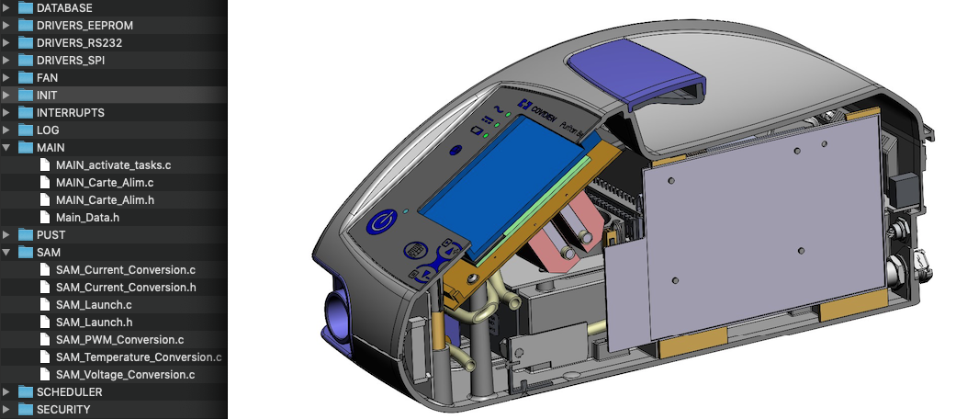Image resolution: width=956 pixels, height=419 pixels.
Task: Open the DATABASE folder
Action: (63, 7)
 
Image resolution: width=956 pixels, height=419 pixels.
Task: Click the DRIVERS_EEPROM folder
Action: (78, 25)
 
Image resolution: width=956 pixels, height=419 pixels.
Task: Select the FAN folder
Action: (47, 77)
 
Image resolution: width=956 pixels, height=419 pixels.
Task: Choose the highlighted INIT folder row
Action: (46, 95)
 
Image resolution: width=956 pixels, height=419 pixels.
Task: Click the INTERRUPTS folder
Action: (70, 112)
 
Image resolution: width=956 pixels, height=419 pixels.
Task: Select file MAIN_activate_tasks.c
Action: (113, 165)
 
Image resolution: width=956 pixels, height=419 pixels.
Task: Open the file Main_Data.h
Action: (87, 218)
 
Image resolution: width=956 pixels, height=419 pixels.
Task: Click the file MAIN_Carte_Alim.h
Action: (104, 200)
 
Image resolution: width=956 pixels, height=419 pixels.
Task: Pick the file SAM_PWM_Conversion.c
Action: (119, 340)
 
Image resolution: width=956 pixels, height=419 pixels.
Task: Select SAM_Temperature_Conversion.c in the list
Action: (138, 357)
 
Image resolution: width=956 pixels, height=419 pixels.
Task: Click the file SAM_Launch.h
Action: (94, 323)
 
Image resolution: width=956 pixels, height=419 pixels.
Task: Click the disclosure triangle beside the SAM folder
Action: (8, 253)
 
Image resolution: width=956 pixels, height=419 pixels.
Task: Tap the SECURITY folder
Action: (62, 410)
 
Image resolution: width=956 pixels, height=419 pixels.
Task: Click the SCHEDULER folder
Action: (69, 392)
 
